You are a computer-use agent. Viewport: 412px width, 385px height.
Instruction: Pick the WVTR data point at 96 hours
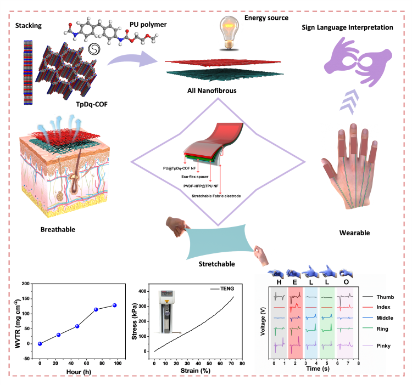click(115, 305)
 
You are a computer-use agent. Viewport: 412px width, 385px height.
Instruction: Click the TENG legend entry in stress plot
click(223, 288)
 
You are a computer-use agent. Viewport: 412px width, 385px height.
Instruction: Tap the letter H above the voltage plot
click(279, 282)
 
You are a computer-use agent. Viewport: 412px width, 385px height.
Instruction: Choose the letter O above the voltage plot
click(347, 282)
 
